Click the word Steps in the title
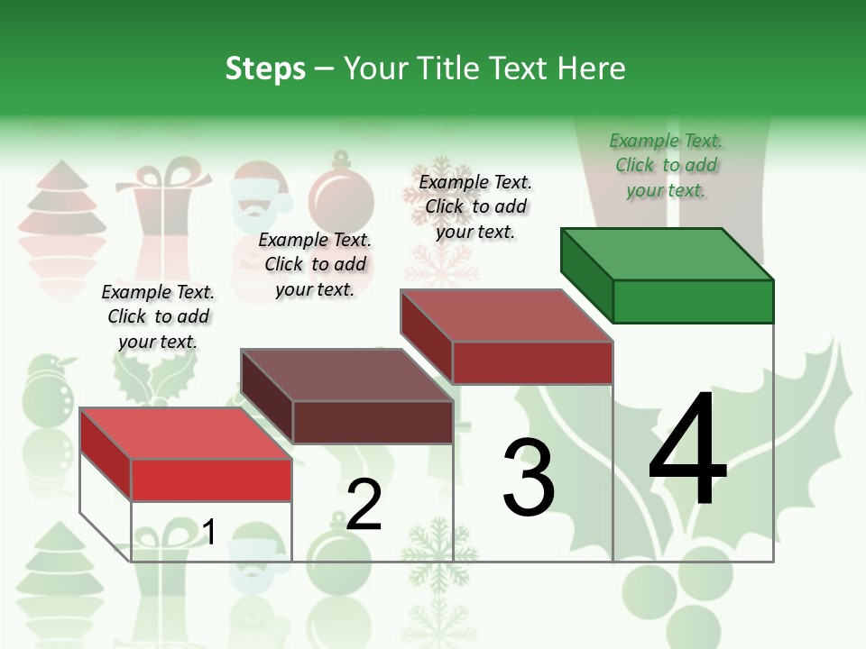[265, 69]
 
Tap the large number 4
[687, 451]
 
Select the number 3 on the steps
[529, 478]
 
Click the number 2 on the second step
[364, 506]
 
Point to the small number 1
[209, 532]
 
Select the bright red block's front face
[211, 480]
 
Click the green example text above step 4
[666, 165]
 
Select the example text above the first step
[158, 316]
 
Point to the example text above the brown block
[315, 264]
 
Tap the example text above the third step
[475, 206]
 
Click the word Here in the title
[591, 69]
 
